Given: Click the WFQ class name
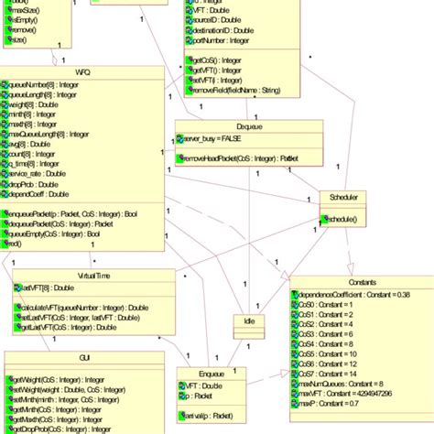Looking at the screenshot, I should coord(83,71).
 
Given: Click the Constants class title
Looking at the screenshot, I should coord(362,283).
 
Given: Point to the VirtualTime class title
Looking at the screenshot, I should coord(95,275).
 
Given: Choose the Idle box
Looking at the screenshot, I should coord(249,320).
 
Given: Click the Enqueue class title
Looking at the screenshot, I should coord(212,373).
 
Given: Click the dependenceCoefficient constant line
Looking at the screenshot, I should coord(352,295).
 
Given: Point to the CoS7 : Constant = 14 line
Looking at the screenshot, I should coord(333,374).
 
